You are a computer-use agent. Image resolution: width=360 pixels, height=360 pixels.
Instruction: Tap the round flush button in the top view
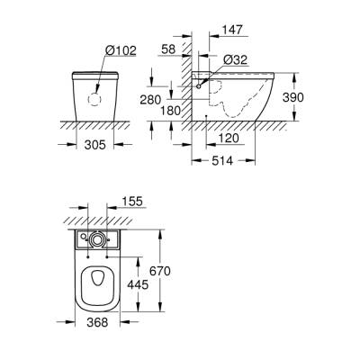97,239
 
